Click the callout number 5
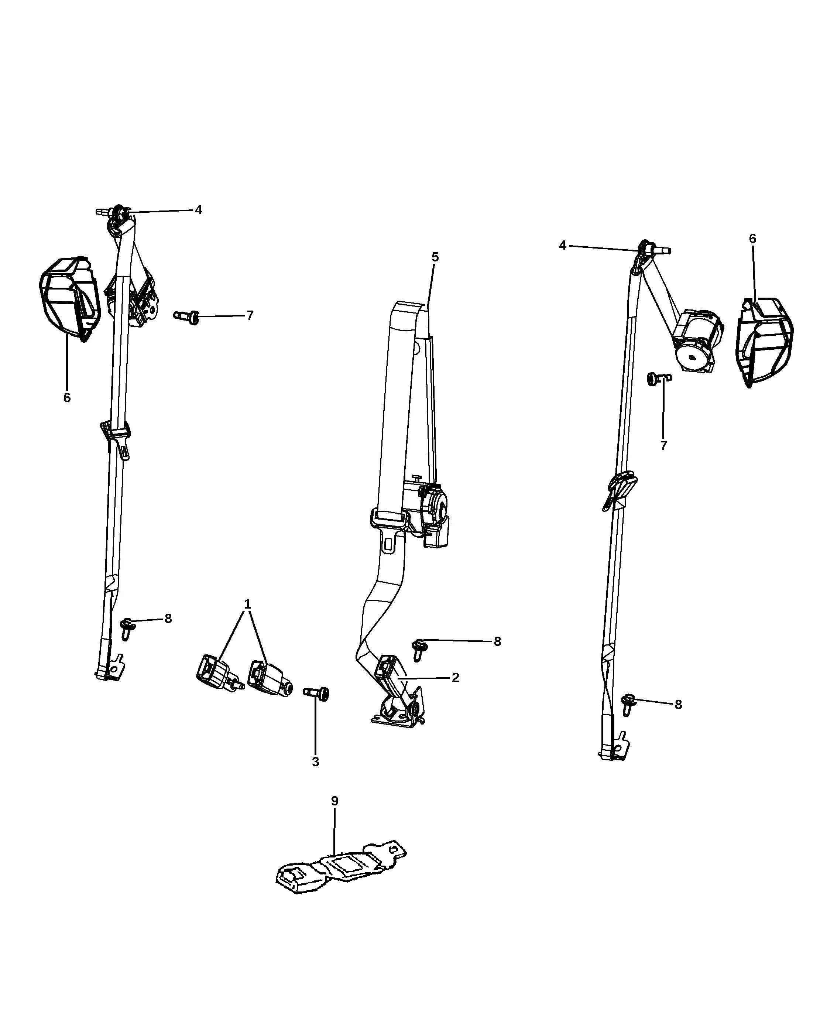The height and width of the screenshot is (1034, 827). coord(435,257)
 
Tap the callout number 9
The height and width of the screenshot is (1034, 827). coord(334,801)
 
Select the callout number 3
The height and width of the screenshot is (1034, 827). coord(315,761)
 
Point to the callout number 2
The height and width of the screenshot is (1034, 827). coord(456,678)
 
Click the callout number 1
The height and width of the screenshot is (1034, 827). coord(247,604)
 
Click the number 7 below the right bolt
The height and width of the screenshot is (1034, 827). coord(663,445)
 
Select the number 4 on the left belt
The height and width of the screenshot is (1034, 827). coord(199,210)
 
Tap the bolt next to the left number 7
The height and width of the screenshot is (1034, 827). coord(186,317)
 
